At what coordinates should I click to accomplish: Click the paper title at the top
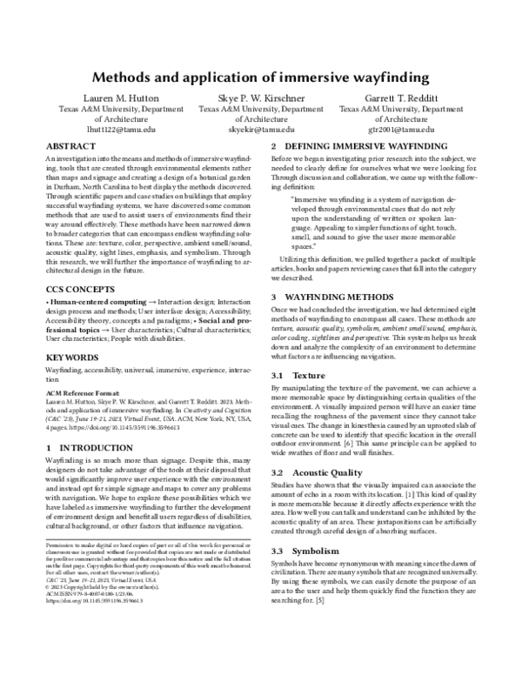261,77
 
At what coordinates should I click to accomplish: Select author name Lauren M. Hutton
120,98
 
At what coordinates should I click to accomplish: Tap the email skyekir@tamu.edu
260,128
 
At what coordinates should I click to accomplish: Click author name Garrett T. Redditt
401,98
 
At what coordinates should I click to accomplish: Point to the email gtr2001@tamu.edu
401,128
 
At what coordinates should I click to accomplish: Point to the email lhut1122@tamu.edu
120,128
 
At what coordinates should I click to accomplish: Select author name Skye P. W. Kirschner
260,98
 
